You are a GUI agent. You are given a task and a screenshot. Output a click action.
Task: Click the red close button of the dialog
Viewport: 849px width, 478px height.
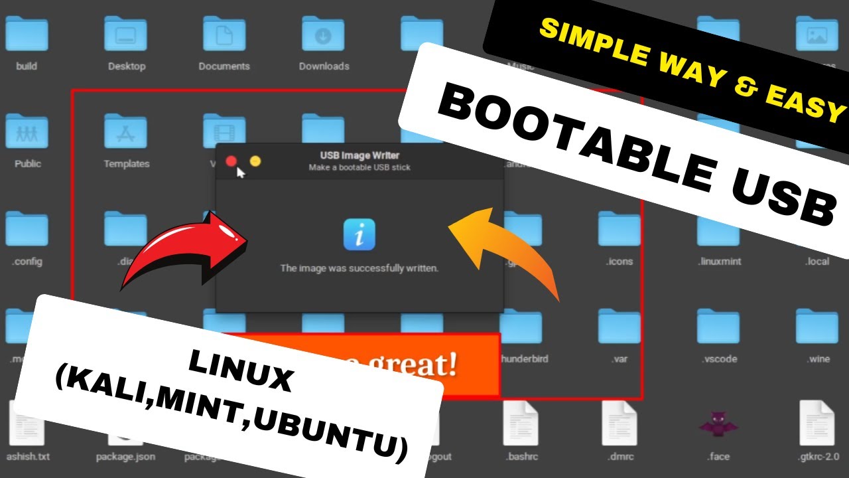click(231, 161)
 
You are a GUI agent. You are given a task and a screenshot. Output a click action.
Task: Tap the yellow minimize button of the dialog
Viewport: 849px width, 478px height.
click(255, 161)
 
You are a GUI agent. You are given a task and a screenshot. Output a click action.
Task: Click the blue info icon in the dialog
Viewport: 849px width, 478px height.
click(359, 234)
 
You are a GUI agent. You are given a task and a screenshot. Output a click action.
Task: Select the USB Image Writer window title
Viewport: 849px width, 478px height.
click(359, 155)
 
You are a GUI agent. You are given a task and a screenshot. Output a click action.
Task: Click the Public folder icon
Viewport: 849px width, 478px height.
click(27, 131)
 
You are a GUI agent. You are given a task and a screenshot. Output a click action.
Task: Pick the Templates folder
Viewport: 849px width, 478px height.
click(126, 131)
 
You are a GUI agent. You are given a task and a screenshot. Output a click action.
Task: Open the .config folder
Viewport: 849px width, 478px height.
click(27, 230)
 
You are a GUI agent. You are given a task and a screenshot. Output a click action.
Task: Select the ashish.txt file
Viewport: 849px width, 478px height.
click(27, 424)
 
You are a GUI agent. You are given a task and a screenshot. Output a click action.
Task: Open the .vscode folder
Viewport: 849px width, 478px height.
click(718, 327)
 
